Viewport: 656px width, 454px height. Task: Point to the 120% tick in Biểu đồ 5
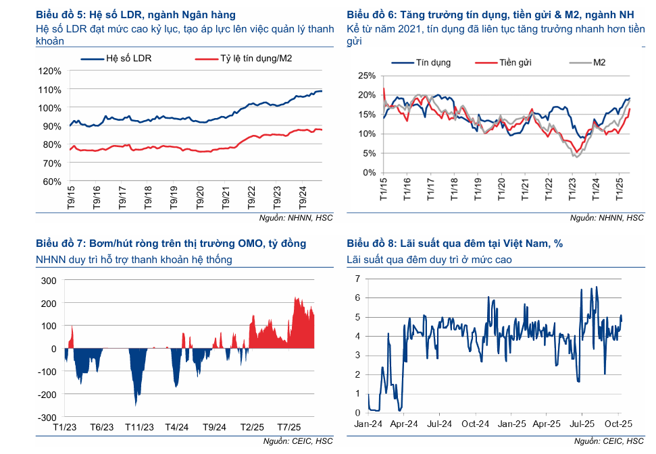pyautogui.click(x=51, y=71)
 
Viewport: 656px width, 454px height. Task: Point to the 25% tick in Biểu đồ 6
pyautogui.click(x=367, y=76)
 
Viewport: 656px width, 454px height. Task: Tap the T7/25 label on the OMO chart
pyautogui.click(x=288, y=428)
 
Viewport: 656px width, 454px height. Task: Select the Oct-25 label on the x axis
pyautogui.click(x=616, y=424)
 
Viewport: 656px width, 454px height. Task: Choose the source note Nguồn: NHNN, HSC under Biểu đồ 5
pyautogui.click(x=296, y=218)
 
